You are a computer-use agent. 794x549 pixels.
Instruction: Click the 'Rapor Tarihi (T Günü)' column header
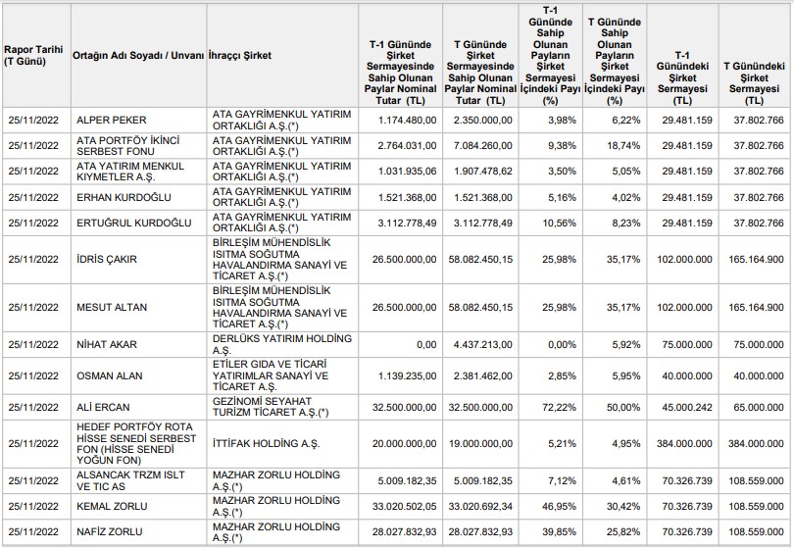[x=33, y=56]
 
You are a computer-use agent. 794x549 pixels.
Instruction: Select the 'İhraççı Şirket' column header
[x=240, y=56]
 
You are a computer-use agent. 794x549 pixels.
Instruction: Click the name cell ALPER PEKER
[x=112, y=120]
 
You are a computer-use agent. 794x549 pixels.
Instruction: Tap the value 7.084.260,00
[x=483, y=146]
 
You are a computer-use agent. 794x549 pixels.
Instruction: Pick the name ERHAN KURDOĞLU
[x=124, y=197]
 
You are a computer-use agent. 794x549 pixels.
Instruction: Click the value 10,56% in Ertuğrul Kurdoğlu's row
[x=560, y=223]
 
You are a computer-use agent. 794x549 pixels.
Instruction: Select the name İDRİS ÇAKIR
[x=107, y=260]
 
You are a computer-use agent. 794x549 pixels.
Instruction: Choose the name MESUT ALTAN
[x=112, y=308]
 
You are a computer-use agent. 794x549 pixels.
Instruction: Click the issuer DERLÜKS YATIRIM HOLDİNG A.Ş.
[x=282, y=344]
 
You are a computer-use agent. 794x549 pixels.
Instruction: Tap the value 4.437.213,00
[x=483, y=345]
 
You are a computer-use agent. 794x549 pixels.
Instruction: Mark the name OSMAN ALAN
[x=110, y=375]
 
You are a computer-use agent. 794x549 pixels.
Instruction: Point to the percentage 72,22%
[x=560, y=407]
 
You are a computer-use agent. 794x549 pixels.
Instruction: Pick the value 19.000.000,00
[x=480, y=444]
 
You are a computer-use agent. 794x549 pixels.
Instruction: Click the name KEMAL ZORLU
[x=112, y=507]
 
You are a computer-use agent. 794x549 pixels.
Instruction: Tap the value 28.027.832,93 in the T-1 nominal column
[x=405, y=532]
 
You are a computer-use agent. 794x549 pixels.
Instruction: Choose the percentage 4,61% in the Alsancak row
[x=625, y=481]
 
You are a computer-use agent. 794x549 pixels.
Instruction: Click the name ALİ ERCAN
[x=103, y=407]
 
